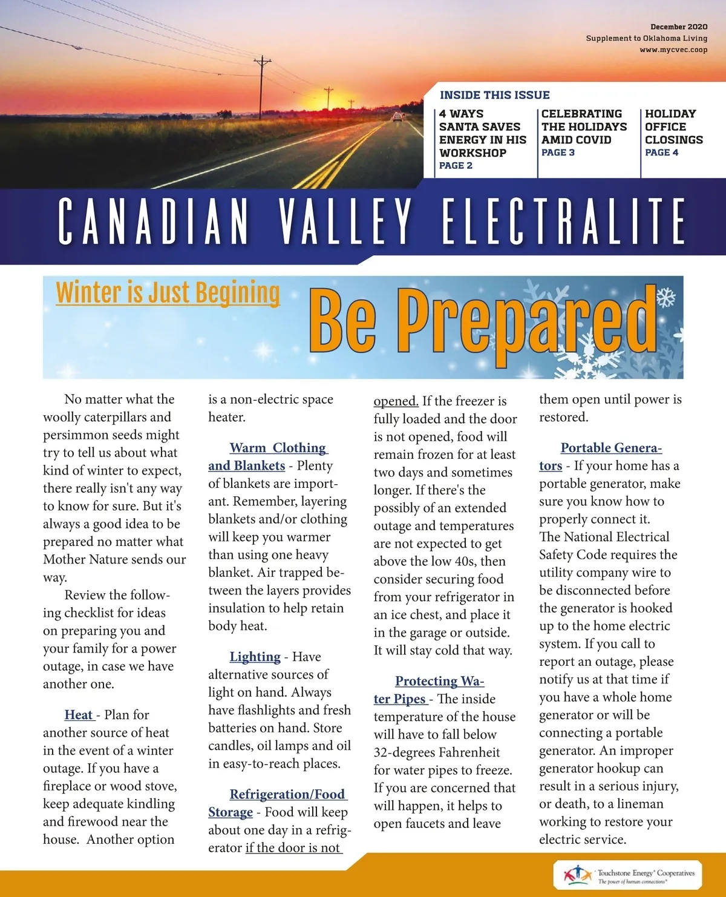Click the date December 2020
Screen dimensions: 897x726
pos(678,27)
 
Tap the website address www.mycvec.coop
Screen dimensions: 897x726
pos(673,50)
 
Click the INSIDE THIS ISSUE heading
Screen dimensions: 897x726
pos(494,95)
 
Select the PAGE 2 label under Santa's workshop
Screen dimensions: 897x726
pos(456,165)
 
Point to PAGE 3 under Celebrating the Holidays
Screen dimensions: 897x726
pos(558,153)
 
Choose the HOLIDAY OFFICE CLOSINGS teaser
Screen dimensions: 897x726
pos(673,126)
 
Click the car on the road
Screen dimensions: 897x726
pos(397,117)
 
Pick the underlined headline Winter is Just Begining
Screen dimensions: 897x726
pos(168,293)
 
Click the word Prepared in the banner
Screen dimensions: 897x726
pos(527,321)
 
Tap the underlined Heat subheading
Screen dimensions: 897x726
pos(79,715)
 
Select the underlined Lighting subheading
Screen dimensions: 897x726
pos(255,657)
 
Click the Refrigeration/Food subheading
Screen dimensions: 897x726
pos(287,794)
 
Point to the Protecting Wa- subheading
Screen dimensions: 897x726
pos(440,681)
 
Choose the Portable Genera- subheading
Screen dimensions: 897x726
pos(611,448)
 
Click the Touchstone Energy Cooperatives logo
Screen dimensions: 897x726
pos(627,875)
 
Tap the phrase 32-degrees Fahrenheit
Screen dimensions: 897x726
pos(437,752)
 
